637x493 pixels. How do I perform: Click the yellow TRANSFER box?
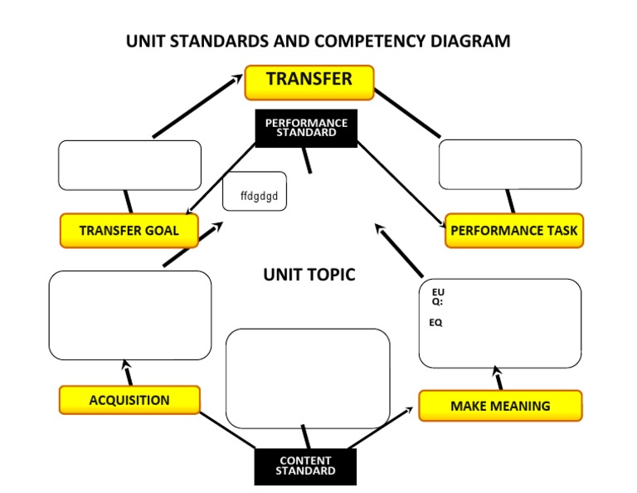point(309,81)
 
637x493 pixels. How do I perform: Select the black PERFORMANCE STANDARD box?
point(306,128)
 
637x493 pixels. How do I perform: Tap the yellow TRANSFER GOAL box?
point(129,231)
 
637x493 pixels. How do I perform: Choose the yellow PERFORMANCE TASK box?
point(514,231)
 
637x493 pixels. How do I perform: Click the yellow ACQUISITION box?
point(129,400)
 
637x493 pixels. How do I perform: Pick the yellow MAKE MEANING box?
point(500,406)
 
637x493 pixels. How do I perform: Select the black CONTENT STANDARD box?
point(305,466)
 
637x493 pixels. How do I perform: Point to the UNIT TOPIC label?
point(309,275)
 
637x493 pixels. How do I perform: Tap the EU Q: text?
point(438,296)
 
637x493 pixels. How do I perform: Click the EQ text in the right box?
point(435,323)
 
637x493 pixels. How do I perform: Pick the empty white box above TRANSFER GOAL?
point(129,165)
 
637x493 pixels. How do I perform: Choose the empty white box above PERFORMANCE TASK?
point(509,164)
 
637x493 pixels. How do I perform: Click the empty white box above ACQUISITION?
point(129,315)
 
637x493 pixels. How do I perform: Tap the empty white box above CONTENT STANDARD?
point(308,378)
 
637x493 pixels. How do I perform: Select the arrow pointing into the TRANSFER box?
point(196,107)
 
